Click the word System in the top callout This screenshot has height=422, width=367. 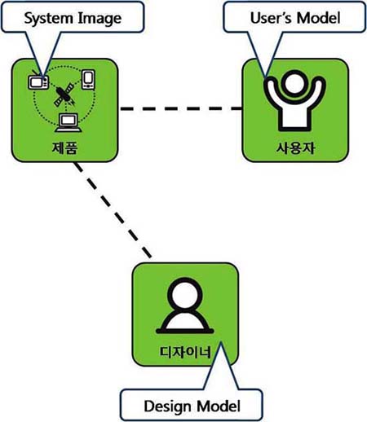pos(48,19)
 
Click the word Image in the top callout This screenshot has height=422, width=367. pos(99,19)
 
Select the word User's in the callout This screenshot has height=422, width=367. pos(271,18)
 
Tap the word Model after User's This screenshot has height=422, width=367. pos(318,18)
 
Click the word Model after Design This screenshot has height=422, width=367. pos(219,406)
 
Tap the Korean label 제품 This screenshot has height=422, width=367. pos(64,148)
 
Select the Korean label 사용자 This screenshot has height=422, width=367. pos(295,148)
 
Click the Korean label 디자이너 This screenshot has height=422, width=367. pos(185,352)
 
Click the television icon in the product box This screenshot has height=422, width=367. pos(38,81)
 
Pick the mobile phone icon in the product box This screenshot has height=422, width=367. pos(88,79)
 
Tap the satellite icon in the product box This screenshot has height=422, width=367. pos(64,95)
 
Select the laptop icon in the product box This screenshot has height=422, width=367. pos(68,123)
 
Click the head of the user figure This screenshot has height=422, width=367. pos(294,83)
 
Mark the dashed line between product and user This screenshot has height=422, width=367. pos(181,108)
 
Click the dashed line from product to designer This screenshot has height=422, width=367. pos(113,209)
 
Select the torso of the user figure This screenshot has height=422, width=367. pos(294,116)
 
